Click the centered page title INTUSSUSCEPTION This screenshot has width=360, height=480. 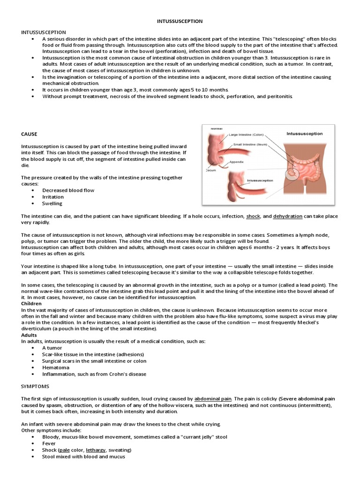180,22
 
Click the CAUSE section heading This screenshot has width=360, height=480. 29,134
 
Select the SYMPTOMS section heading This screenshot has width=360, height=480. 36,386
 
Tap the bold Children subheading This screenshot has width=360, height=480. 31,303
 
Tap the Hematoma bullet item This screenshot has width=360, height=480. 55,367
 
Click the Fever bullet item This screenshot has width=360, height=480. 49,443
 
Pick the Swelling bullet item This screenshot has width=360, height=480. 52,203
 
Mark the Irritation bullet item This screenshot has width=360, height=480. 53,197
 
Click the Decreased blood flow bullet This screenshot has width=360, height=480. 68,190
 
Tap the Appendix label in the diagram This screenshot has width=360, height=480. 238,162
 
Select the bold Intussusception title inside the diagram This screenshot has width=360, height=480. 304,134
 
